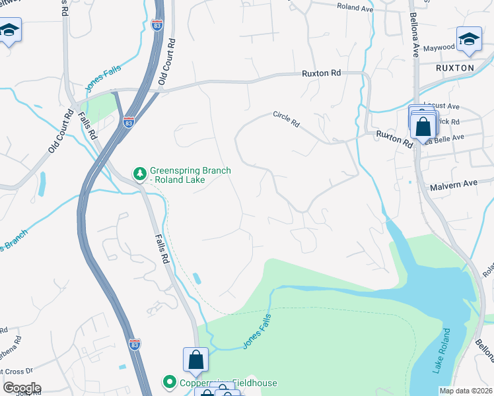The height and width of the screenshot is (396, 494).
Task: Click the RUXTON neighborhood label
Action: click(454, 68)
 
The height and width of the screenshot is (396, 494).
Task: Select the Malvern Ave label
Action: click(453, 185)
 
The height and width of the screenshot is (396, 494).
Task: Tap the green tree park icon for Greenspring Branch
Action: click(139, 174)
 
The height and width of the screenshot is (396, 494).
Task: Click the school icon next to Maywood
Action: click(469, 38)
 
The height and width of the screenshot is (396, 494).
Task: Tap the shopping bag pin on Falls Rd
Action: click(195, 360)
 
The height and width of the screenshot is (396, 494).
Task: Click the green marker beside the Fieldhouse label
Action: click(169, 382)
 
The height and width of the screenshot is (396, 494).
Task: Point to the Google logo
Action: click(21, 387)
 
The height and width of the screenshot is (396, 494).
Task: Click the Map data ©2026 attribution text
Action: click(465, 391)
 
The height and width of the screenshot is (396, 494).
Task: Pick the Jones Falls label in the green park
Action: click(257, 330)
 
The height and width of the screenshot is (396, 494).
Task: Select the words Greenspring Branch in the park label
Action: click(190, 170)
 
